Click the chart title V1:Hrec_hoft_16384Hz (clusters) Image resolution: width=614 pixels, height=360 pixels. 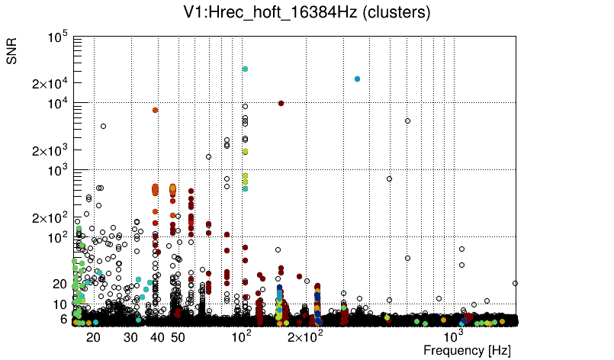307,12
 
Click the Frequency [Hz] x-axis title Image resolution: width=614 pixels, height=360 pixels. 467,350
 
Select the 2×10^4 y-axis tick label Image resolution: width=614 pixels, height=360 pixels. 51,84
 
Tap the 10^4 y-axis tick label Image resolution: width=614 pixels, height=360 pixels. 58,104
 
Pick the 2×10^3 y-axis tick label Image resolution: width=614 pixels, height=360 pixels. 51,151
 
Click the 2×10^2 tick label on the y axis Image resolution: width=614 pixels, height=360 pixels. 51,218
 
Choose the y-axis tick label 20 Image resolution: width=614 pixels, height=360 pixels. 60,284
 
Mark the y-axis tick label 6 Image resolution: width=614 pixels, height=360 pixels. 64,319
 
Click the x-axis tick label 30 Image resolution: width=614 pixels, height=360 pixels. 131,336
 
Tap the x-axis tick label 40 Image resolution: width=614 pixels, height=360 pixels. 157,336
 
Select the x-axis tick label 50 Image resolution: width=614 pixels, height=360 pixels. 178,336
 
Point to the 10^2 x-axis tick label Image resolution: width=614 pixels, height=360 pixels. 241,335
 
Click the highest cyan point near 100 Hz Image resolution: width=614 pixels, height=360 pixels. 245,69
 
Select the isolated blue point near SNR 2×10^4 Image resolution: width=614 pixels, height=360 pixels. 357,79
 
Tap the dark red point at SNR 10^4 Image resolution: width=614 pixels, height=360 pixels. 281,103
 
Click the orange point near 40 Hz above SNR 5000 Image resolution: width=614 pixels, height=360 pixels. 155,110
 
